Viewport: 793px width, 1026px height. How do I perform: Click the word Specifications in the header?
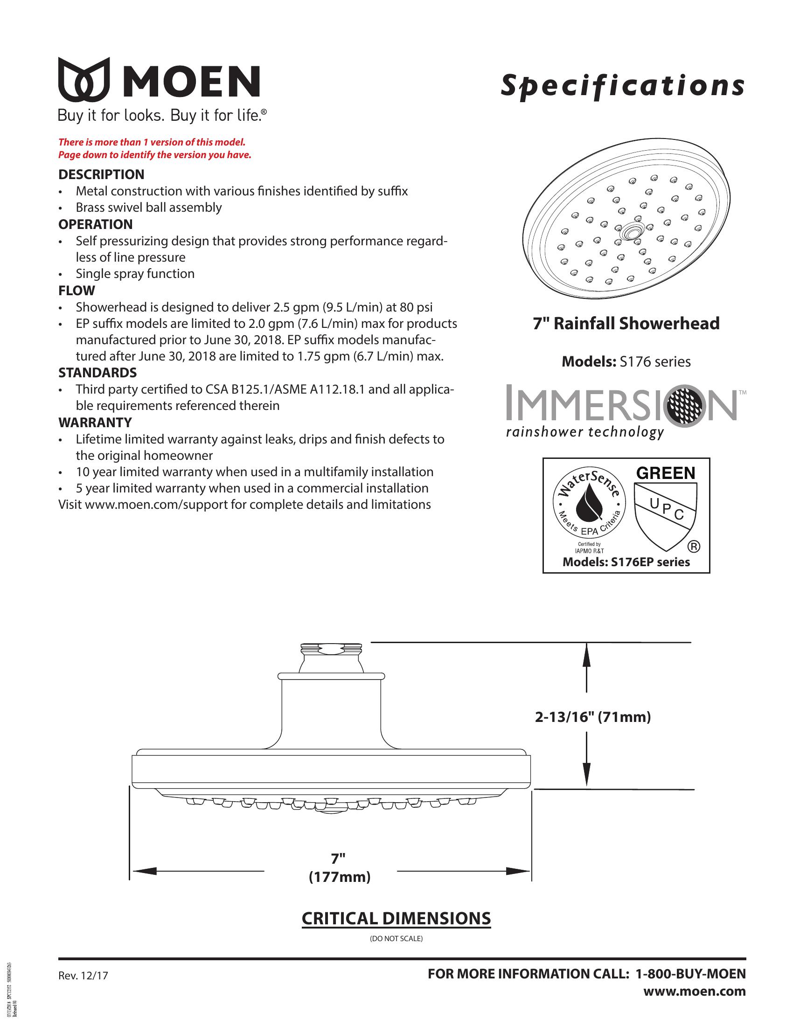click(622, 86)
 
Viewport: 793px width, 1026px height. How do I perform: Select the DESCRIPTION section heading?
click(101, 174)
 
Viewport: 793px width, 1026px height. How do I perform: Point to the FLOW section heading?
click(77, 291)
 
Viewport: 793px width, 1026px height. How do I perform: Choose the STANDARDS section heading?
click(97, 373)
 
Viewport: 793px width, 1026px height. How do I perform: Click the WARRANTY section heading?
click(95, 423)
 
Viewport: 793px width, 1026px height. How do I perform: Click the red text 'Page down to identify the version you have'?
click(154, 155)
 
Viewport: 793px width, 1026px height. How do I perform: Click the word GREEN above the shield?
click(665, 473)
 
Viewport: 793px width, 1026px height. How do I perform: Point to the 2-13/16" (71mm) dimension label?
click(593, 717)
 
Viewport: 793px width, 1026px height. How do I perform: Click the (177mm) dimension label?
click(339, 878)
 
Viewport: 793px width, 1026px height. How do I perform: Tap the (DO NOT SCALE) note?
click(396, 939)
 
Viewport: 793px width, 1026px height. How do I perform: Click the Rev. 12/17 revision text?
click(83, 976)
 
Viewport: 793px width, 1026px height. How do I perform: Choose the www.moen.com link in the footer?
click(695, 991)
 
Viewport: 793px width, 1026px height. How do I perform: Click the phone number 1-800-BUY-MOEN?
click(690, 974)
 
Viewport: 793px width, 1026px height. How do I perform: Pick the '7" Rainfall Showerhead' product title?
click(626, 324)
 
